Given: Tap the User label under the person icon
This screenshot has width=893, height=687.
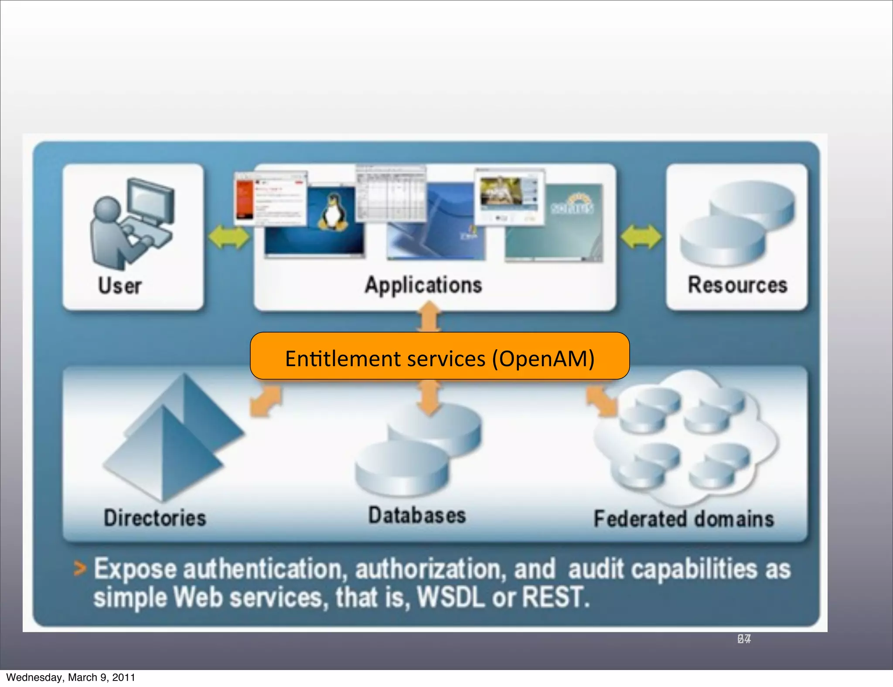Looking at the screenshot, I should pos(120,286).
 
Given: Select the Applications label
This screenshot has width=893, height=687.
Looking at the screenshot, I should pos(423,286).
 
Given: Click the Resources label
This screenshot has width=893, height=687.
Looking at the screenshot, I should pos(737,285).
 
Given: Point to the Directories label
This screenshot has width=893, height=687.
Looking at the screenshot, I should pos(155,518).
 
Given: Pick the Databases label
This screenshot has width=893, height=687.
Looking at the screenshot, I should pos(417,515).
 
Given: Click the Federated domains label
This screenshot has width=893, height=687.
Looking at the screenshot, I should pos(684,519).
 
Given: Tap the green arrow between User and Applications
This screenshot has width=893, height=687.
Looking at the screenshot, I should pos(228,238).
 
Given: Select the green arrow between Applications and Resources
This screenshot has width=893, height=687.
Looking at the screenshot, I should pos(641,237).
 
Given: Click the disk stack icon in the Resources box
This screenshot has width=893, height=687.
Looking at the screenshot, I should pos(737,222).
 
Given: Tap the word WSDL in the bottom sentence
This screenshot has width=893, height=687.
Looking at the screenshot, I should pos(451,597).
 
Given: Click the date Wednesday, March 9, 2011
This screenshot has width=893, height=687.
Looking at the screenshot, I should pos(71,677).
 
